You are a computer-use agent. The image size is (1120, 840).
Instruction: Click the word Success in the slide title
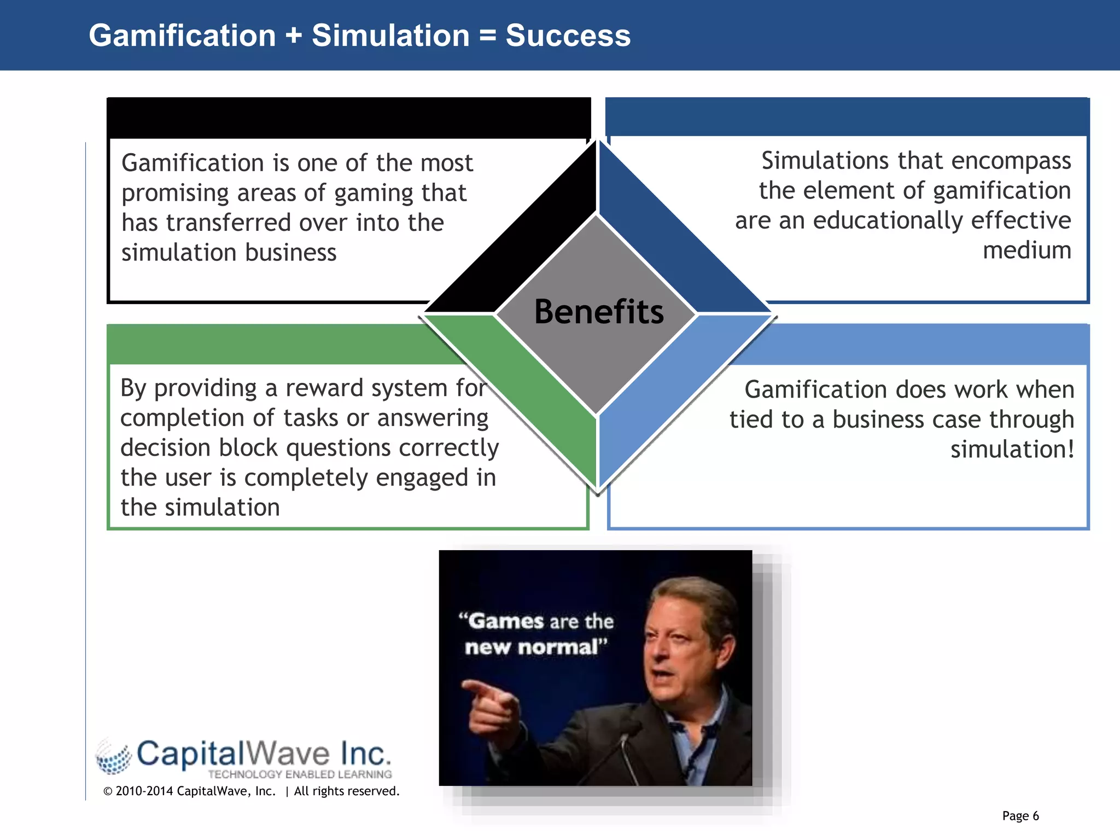coord(568,36)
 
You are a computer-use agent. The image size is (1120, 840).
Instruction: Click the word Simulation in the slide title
coord(390,36)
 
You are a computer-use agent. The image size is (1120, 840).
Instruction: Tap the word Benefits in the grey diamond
coord(598,312)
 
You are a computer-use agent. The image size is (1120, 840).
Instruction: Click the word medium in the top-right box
coord(1026,250)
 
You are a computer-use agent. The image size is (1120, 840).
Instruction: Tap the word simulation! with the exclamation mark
coord(1012,450)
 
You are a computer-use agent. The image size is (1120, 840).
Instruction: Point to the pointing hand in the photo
coord(492,705)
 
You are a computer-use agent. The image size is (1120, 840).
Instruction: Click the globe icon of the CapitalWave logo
coord(114,757)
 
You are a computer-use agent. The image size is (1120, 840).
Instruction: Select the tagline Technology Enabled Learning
coord(300,774)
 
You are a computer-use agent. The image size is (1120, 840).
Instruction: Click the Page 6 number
coord(1020,816)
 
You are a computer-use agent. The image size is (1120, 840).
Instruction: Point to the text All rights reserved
coord(346,791)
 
